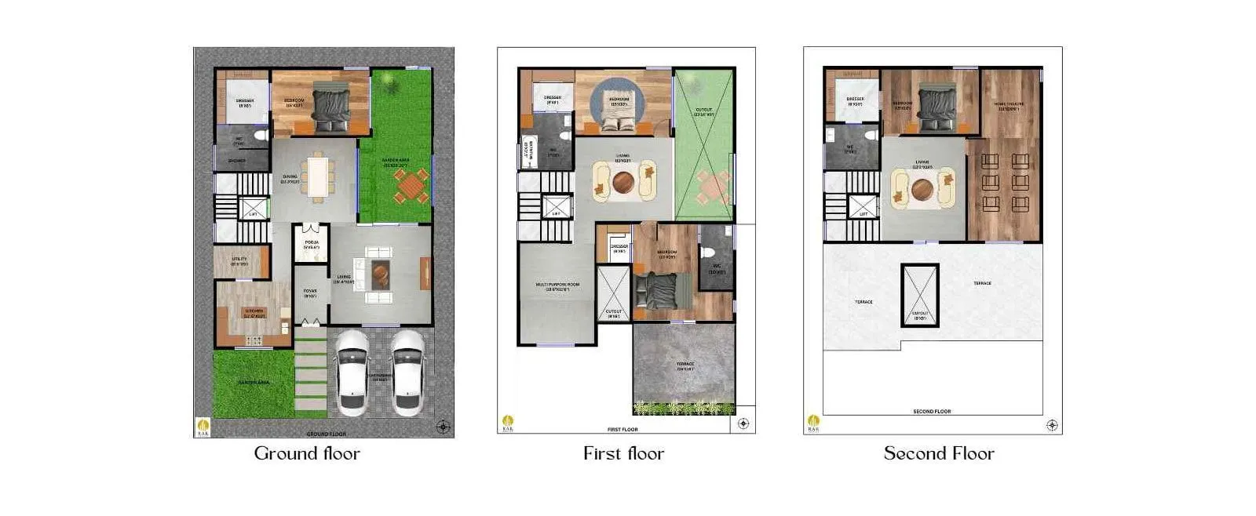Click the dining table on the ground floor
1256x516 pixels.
(318, 178)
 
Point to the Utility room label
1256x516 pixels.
(239, 260)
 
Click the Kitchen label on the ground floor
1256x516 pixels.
(254, 312)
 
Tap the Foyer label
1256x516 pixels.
(310, 293)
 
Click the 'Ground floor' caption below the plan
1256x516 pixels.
(307, 453)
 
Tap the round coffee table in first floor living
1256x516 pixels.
(625, 182)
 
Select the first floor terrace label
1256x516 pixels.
(685, 365)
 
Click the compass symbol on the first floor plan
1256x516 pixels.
(743, 423)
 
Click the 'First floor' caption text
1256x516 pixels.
(623, 453)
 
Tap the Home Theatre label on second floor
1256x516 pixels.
(1008, 105)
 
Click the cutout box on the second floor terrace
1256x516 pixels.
(920, 296)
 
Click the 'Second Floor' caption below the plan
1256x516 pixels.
(939, 453)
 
